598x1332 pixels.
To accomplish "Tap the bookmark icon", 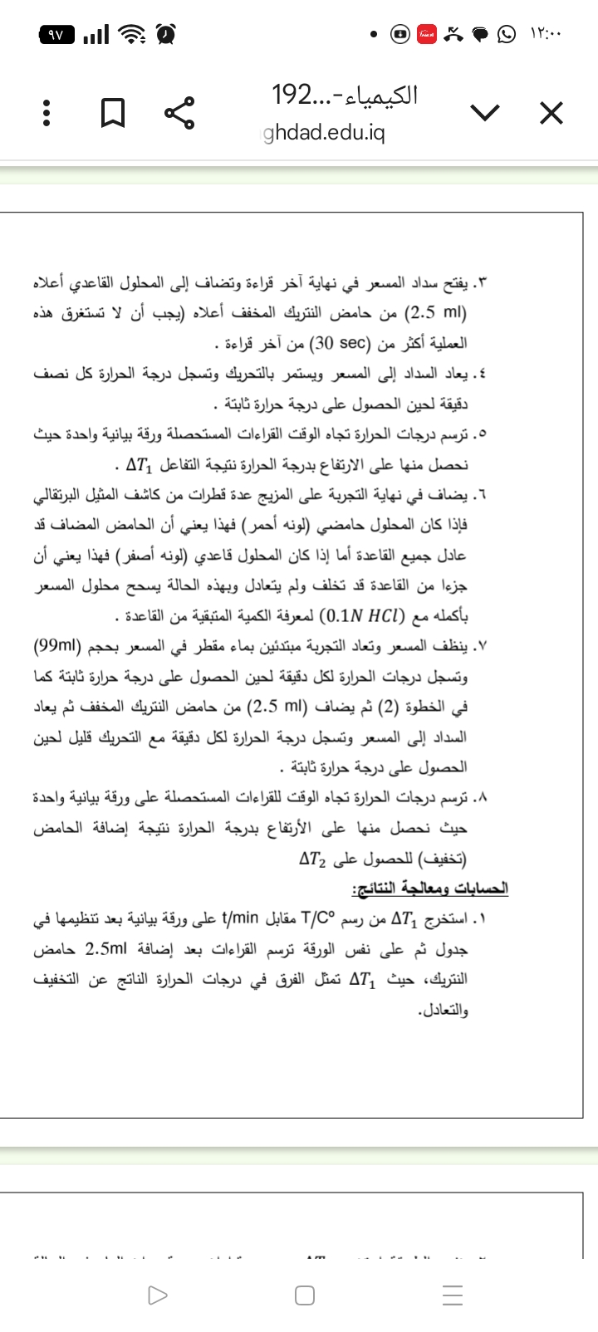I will coord(112,112).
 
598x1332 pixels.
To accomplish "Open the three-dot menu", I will coord(47,112).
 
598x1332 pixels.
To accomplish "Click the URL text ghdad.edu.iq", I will coord(325,134).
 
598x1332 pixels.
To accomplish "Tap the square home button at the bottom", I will coord(304,1295).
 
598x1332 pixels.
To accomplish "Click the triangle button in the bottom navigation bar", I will coord(156,1295).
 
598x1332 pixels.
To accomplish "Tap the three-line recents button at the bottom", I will coord(452,1295).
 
